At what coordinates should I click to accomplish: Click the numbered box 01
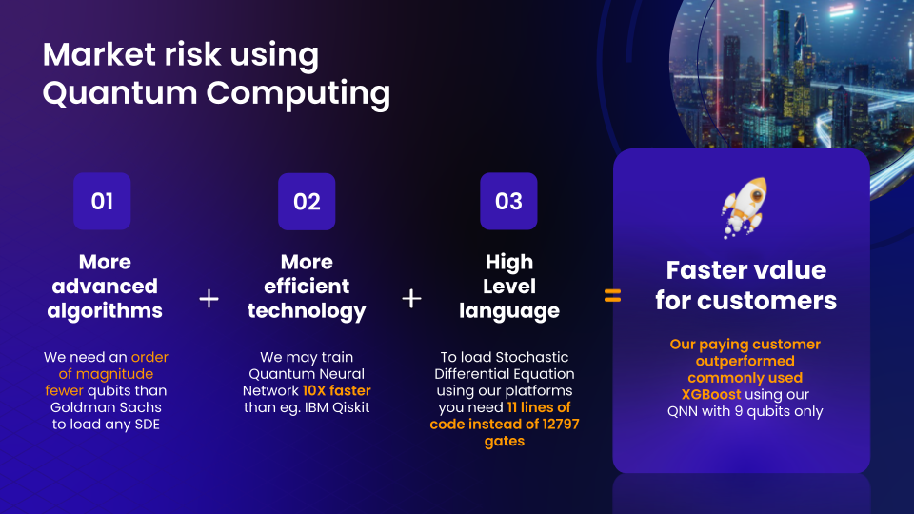(x=102, y=201)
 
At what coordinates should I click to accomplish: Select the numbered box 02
(x=307, y=201)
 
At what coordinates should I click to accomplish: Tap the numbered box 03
(x=508, y=201)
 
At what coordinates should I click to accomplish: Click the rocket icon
(x=745, y=208)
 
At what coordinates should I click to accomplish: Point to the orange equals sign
(x=612, y=296)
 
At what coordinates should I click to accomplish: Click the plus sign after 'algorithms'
(x=209, y=299)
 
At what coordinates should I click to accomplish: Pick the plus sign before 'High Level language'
(x=411, y=298)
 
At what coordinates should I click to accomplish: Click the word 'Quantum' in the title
(x=120, y=93)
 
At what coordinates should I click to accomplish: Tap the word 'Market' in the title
(x=99, y=54)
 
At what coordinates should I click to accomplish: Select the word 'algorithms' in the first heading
(x=105, y=310)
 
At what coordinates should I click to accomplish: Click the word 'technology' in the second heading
(x=307, y=310)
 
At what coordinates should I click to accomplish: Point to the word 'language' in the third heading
(x=509, y=310)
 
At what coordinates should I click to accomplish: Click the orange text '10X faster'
(x=336, y=390)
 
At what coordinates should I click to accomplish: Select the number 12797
(x=561, y=424)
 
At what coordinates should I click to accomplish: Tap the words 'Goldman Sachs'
(x=106, y=407)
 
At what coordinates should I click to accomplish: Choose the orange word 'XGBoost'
(x=711, y=394)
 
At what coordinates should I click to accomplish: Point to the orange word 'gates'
(x=505, y=441)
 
